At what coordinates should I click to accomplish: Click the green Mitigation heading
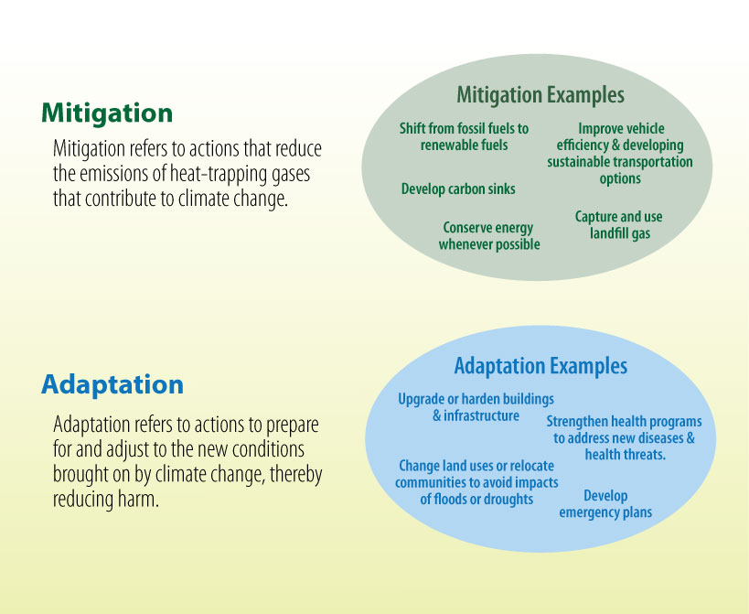pyautogui.click(x=107, y=113)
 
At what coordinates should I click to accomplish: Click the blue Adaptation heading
pyautogui.click(x=112, y=384)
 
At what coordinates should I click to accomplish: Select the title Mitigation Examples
pyautogui.click(x=540, y=95)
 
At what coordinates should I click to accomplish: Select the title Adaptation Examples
pyautogui.click(x=540, y=367)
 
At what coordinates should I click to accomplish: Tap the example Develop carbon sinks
pyautogui.click(x=458, y=189)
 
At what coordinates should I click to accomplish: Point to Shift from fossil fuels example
pyautogui.click(x=464, y=136)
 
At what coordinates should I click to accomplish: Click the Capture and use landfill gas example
pyautogui.click(x=618, y=225)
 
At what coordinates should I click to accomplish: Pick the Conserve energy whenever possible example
pyautogui.click(x=488, y=236)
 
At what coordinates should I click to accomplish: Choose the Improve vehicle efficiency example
pyautogui.click(x=620, y=154)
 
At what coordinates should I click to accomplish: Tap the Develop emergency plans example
pyautogui.click(x=605, y=504)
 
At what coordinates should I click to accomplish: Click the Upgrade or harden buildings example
pyautogui.click(x=476, y=408)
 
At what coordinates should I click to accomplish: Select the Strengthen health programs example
pyautogui.click(x=624, y=437)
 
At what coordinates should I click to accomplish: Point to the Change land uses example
pyautogui.click(x=476, y=482)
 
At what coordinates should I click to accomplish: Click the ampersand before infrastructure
pyautogui.click(x=437, y=416)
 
